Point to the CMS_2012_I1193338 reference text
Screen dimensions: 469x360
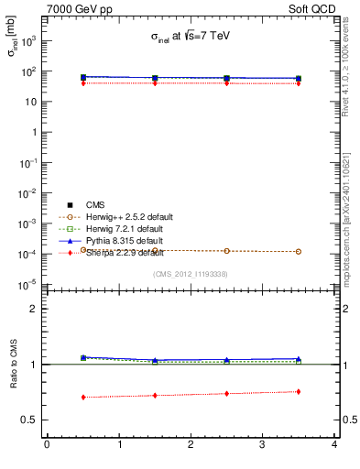(191, 273)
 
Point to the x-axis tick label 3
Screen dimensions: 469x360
(262, 445)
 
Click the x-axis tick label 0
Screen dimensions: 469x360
(47, 445)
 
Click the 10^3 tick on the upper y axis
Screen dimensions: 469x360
(27, 40)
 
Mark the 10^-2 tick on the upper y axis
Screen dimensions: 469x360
(27, 192)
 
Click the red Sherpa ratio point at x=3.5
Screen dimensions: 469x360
(299, 392)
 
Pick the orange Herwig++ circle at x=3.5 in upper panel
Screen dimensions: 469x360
(299, 251)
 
